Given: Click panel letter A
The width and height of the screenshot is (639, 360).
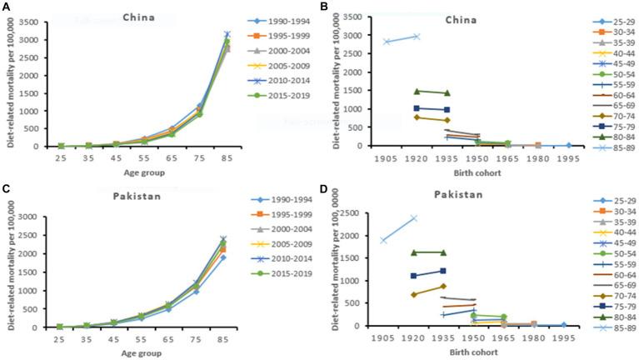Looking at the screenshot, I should point(5,7).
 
